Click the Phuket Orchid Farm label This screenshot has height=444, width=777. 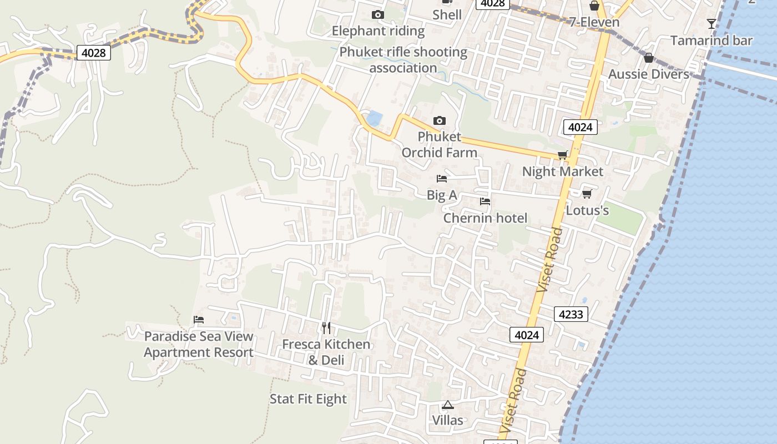click(x=439, y=144)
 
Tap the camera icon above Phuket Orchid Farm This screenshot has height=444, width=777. click(x=439, y=121)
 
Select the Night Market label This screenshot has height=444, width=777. click(x=562, y=171)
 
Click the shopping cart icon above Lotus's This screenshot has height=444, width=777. click(x=587, y=194)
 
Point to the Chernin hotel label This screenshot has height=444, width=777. click(x=485, y=218)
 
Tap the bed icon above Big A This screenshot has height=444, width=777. click(x=442, y=179)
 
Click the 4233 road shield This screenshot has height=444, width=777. click(x=571, y=315)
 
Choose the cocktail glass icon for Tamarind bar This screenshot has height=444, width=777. click(x=711, y=23)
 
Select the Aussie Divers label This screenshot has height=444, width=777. click(x=648, y=74)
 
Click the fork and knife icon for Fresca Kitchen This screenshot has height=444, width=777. click(x=326, y=328)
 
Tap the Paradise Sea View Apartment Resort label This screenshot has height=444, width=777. click(x=199, y=344)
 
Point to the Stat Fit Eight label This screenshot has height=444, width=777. click(x=308, y=399)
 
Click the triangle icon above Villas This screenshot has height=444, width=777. click(x=448, y=405)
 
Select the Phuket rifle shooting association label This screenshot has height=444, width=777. click(x=403, y=60)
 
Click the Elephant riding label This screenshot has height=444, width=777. click(x=378, y=31)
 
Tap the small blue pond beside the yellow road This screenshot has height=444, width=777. click(x=375, y=118)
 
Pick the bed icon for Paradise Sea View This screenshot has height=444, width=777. click(x=199, y=320)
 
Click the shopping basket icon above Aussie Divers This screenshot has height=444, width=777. click(x=648, y=58)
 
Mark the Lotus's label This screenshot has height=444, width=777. click(x=587, y=210)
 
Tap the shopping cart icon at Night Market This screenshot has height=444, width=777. click(x=563, y=155)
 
